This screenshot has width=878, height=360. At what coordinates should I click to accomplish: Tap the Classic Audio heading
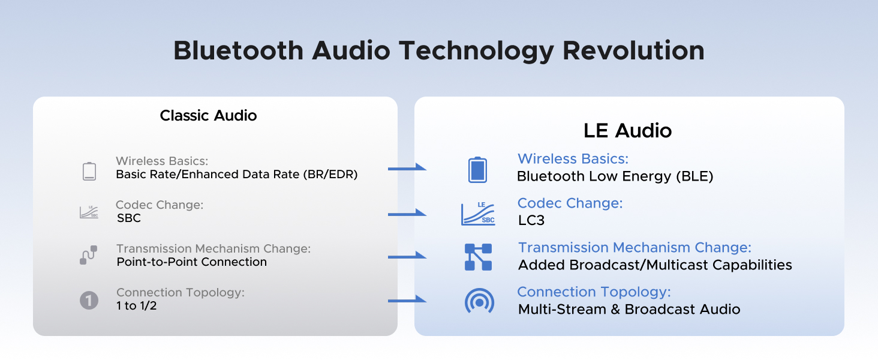click(208, 116)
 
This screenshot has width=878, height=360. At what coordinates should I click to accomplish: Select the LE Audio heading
click(627, 131)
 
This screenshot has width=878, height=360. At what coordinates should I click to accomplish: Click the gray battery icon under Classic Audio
click(89, 171)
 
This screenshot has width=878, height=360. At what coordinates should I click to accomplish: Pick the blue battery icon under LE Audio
click(477, 170)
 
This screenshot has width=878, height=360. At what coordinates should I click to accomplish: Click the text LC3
click(531, 220)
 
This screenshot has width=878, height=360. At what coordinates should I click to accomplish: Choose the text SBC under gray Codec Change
click(129, 218)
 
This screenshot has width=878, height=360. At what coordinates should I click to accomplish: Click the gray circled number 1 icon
click(89, 300)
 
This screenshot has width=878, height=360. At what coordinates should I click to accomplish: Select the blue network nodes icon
click(478, 257)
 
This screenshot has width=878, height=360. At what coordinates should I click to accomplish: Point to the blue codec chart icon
click(478, 214)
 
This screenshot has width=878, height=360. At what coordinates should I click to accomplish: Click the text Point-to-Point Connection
click(191, 262)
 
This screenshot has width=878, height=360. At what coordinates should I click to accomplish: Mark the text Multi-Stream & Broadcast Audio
click(629, 310)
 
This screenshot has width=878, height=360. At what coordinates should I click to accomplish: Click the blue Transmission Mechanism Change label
click(635, 247)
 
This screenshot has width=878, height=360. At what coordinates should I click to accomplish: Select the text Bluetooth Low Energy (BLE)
click(615, 176)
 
